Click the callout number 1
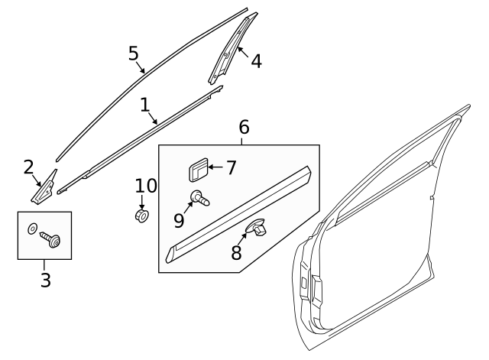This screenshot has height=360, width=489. (x=145, y=104)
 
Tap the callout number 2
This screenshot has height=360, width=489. (x=28, y=167)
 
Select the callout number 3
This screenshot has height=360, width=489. (x=45, y=281)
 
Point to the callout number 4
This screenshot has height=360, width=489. (x=256, y=61)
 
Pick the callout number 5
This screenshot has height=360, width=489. (x=134, y=53)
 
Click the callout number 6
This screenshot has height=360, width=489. (x=244, y=127)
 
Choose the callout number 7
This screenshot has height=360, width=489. (x=232, y=167)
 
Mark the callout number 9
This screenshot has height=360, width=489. (x=179, y=220)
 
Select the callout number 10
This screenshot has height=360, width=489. (x=145, y=186)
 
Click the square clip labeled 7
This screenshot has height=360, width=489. (x=197, y=169)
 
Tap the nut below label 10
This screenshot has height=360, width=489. (x=141, y=216)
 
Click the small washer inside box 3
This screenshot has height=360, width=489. (x=32, y=229)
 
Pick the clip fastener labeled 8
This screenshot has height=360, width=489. (x=257, y=225)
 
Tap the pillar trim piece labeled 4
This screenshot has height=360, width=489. (x=232, y=50)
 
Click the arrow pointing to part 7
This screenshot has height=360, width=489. (x=215, y=167)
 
